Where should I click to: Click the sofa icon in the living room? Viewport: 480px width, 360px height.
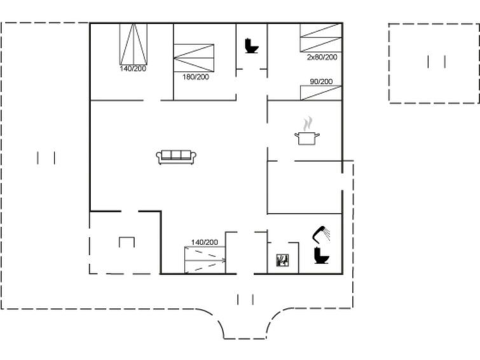[176, 157]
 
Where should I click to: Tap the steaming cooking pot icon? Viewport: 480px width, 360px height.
[307, 131]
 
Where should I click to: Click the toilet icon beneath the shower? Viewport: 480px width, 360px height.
[321, 256]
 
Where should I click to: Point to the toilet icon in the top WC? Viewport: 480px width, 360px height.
[252, 46]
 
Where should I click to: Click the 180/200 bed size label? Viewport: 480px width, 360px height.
[196, 77]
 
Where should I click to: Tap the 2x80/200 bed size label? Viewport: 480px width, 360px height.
[322, 57]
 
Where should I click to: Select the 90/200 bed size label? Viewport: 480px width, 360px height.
[321, 81]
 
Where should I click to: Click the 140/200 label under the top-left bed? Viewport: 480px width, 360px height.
[133, 69]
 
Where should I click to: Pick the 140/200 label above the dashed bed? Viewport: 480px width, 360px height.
[205, 242]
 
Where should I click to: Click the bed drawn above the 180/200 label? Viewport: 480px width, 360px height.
[194, 58]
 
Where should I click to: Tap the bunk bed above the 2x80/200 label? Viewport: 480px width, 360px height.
[321, 38]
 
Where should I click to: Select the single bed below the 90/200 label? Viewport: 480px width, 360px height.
[321, 93]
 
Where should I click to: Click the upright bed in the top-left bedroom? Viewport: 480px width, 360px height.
[133, 44]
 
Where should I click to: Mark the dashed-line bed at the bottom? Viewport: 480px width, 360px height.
[205, 260]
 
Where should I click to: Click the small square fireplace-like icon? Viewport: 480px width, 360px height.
[282, 260]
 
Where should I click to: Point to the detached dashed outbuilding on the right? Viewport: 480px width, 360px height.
[434, 63]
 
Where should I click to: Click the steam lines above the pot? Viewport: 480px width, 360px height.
[307, 124]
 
